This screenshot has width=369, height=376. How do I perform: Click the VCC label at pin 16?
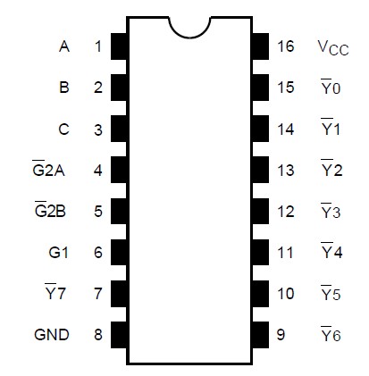331,47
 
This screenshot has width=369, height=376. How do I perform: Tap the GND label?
52,335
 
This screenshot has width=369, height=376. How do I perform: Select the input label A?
63,46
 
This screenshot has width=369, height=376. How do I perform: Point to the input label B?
63,88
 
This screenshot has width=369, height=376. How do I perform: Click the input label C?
63,130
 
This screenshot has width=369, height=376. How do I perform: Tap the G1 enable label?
58,253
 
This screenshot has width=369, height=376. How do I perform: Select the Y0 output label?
331,88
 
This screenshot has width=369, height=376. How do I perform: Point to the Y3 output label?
331,212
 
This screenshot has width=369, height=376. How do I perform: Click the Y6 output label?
331,335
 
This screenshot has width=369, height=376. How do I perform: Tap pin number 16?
285,46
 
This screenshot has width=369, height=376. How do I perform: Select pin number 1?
97,46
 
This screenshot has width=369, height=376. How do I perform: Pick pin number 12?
285,212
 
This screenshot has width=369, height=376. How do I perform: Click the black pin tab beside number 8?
119,335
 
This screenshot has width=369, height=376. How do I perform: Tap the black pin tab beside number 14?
260,130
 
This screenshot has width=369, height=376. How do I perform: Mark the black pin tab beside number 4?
119,170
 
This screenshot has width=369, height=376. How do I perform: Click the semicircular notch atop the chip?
189,27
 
